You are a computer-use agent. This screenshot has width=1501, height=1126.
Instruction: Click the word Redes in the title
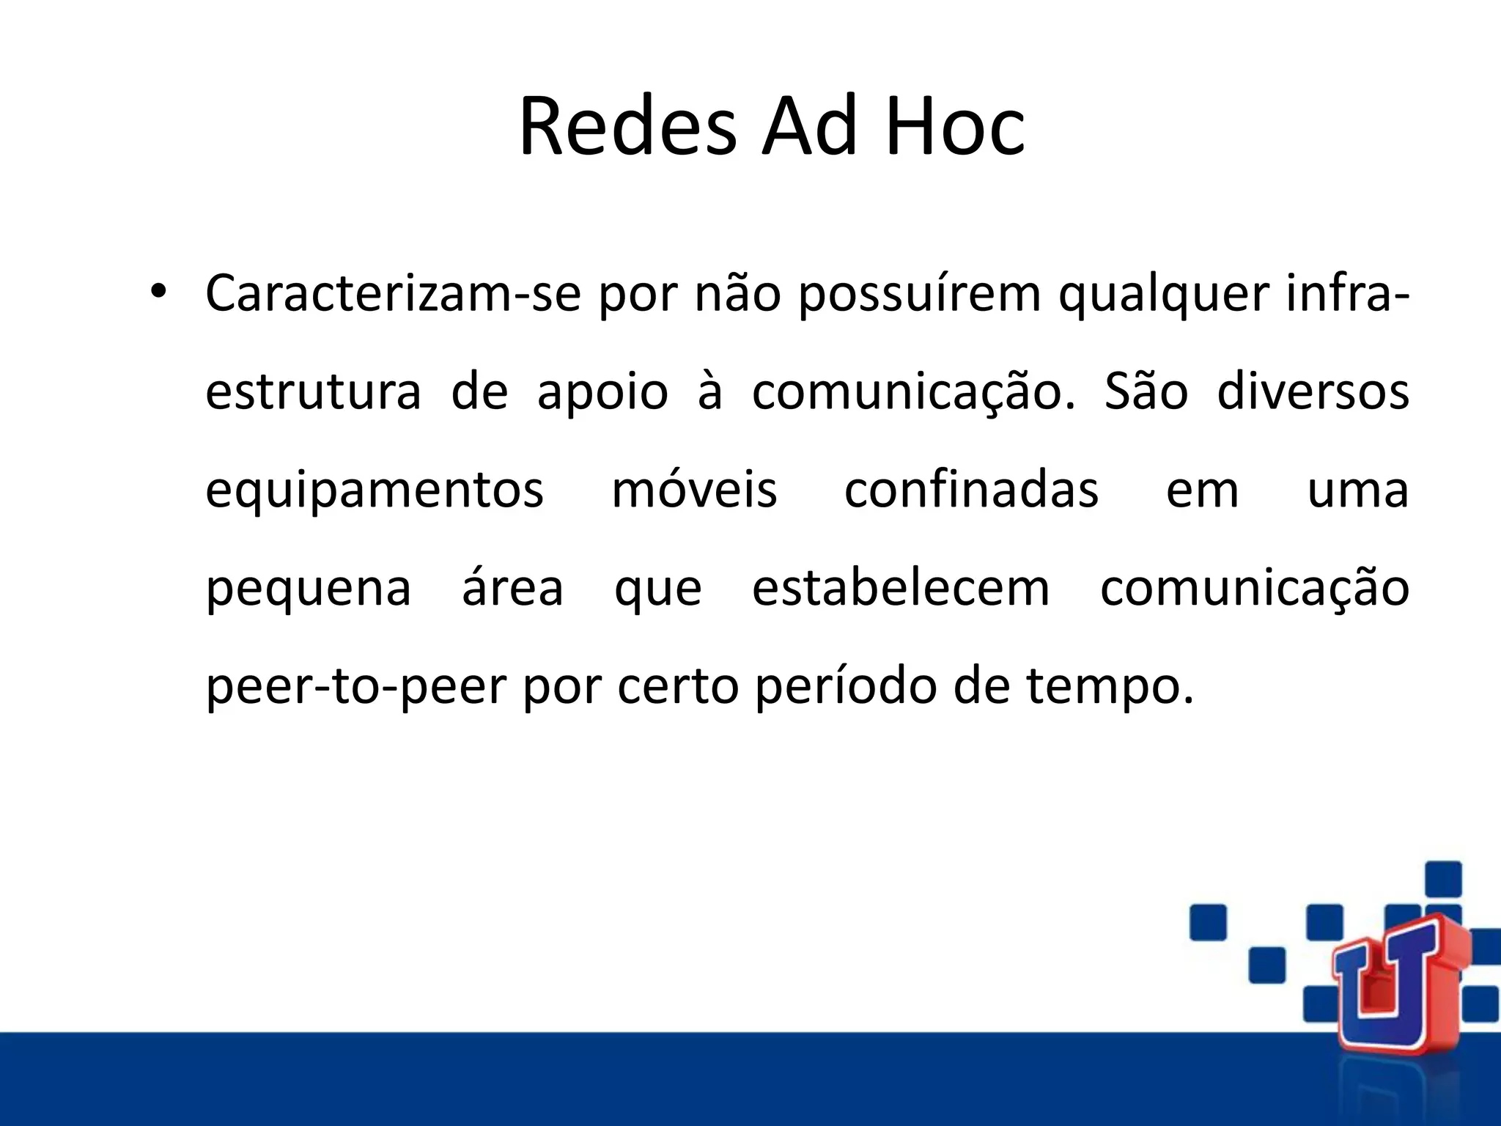click(x=627, y=127)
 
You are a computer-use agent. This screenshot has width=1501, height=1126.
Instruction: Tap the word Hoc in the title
click(x=955, y=127)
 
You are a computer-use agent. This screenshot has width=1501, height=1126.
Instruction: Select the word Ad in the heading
click(x=809, y=127)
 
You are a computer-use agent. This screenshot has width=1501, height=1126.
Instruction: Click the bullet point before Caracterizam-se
click(x=158, y=292)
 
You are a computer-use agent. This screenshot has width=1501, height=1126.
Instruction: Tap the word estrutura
click(x=313, y=391)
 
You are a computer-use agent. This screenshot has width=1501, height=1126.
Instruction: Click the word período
click(x=846, y=688)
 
